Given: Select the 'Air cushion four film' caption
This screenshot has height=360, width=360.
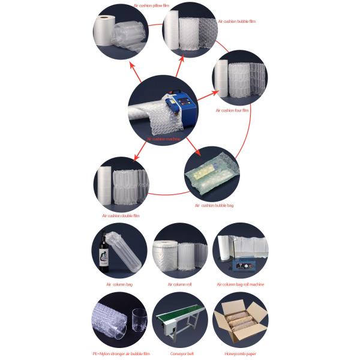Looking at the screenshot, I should [232, 110].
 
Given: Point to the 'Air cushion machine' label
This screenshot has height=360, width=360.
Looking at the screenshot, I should [163, 139].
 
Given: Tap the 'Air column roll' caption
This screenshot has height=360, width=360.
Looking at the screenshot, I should [179, 284].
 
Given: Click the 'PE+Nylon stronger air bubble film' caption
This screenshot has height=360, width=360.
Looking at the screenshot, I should [121, 354].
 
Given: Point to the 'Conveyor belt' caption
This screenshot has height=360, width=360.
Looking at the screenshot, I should [179, 354].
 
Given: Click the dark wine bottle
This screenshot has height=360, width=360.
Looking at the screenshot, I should [106, 251].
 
